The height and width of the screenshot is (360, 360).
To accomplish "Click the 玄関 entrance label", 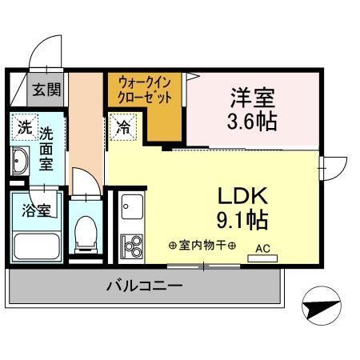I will pyautogui.click(x=46, y=89).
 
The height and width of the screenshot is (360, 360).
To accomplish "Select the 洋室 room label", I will pyautogui.click(x=253, y=100).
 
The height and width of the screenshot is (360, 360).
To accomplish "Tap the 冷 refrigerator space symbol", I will pyautogui.click(x=124, y=126).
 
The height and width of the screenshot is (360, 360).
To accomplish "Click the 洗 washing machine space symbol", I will pyautogui.click(x=25, y=127).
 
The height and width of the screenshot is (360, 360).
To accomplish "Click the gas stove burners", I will pyautogui.click(x=131, y=243).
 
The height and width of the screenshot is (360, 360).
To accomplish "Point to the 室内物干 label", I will pyautogui.click(x=202, y=244).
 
